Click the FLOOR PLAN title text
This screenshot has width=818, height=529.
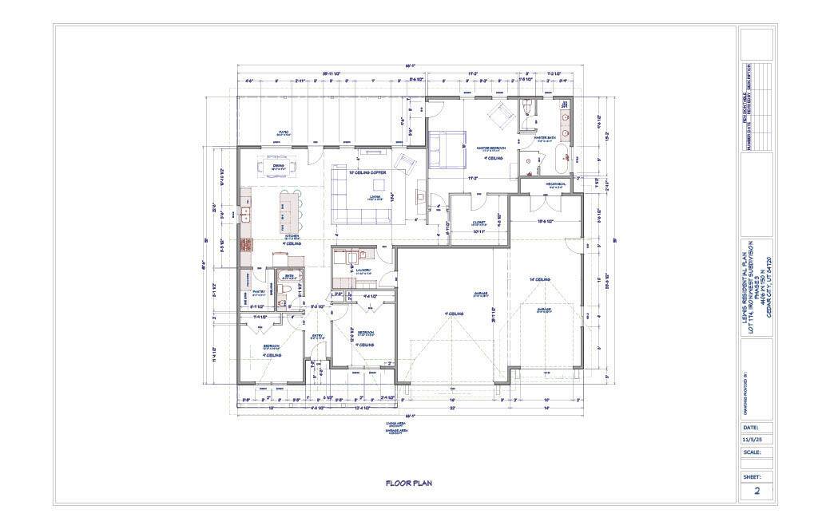[x=408, y=483]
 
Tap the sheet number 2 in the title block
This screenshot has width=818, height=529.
[x=756, y=491]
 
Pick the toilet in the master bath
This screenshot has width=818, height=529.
[x=526, y=108]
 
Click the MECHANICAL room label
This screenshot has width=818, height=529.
[x=556, y=184]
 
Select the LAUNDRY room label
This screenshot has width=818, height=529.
[x=352, y=271]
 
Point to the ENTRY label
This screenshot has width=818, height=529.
[x=316, y=334]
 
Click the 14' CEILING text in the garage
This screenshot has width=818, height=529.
[x=540, y=279]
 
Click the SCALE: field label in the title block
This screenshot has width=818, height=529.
[x=752, y=452]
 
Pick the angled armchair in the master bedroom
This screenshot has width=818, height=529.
[x=502, y=114]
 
